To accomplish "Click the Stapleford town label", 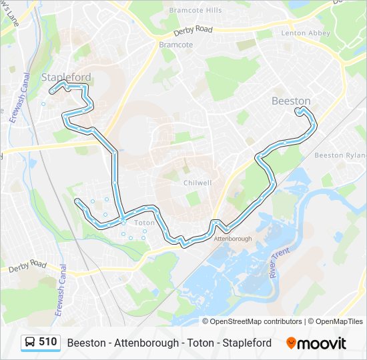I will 66,77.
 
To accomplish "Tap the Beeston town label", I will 291,101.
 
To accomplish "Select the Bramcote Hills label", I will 195,11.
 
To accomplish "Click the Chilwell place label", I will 198,183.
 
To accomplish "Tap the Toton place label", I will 144,223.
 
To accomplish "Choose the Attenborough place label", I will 233,238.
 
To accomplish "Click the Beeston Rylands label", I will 339,155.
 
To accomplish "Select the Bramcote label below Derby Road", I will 175,45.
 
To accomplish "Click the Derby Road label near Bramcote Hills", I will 192,31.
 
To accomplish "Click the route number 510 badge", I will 47,342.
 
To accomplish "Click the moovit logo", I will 316,343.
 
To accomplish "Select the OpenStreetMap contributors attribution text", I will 256,321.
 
